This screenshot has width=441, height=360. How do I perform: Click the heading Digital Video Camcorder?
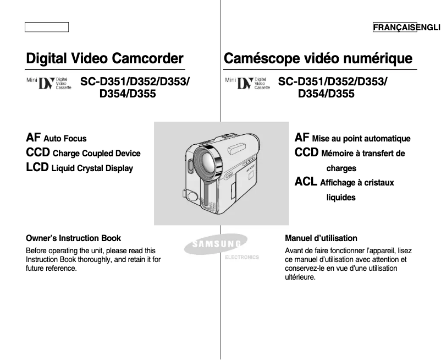104,58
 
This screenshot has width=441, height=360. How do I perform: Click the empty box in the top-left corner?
47,27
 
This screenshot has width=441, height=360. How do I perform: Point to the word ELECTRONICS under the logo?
242,257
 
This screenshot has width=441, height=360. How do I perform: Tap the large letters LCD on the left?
37,167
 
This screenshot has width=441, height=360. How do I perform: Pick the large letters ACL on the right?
306,182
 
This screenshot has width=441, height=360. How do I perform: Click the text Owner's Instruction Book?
74,238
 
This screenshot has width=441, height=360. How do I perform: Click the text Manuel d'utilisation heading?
321,238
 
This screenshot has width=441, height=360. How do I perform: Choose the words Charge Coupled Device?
97,154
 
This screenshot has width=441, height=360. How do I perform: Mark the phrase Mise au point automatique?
361,139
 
